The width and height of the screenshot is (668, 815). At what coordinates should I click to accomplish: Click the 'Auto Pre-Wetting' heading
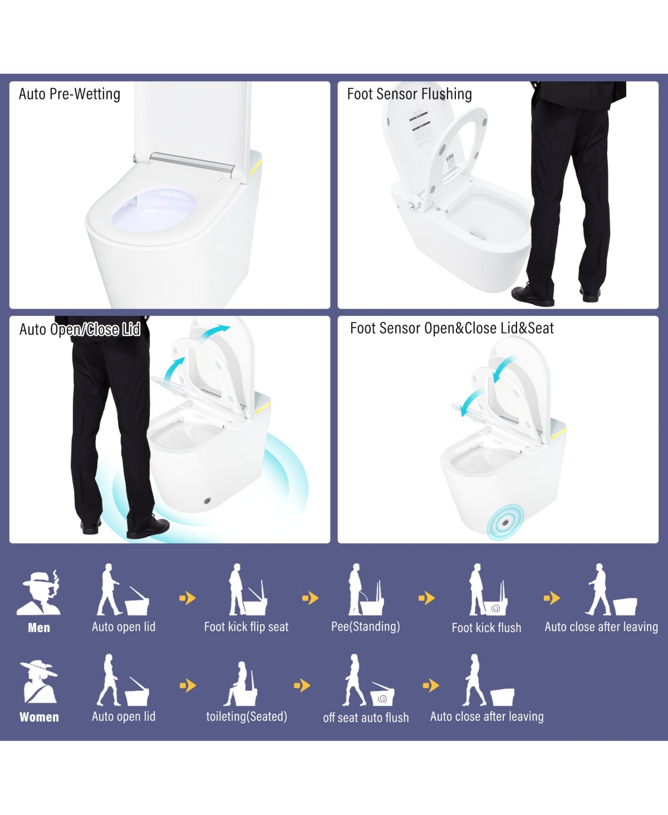tap(70, 95)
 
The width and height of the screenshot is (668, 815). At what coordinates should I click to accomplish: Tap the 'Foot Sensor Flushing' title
tap(409, 95)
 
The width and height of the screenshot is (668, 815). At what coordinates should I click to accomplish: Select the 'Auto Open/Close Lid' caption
tap(80, 330)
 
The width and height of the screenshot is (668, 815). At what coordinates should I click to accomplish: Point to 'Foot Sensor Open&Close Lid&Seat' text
tap(451, 329)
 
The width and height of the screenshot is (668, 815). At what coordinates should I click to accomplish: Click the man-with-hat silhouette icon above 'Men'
tap(39, 593)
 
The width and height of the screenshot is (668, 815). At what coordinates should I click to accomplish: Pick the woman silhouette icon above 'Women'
tap(38, 682)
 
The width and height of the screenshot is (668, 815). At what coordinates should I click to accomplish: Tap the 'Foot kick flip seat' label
tap(246, 627)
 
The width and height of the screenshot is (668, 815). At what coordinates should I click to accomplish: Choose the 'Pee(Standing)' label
tap(366, 627)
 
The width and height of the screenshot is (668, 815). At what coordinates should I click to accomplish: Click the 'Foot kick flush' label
tap(487, 628)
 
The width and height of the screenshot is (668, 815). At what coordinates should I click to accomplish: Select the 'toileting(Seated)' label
tap(247, 717)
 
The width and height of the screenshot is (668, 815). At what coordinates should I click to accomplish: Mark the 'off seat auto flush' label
tap(366, 718)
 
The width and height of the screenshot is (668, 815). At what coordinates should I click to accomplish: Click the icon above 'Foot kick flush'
tap(488, 591)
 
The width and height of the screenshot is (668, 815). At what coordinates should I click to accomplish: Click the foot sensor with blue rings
tap(505, 523)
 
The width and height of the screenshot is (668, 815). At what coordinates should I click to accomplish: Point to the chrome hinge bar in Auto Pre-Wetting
tap(192, 162)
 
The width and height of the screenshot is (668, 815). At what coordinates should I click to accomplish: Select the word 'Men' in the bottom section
tap(39, 628)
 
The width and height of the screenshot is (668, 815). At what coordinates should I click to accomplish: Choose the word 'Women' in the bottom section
tap(39, 717)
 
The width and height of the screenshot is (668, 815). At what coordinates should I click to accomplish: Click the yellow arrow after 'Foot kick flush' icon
tap(551, 598)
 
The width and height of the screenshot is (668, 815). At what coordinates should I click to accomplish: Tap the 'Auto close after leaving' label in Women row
tap(487, 717)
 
